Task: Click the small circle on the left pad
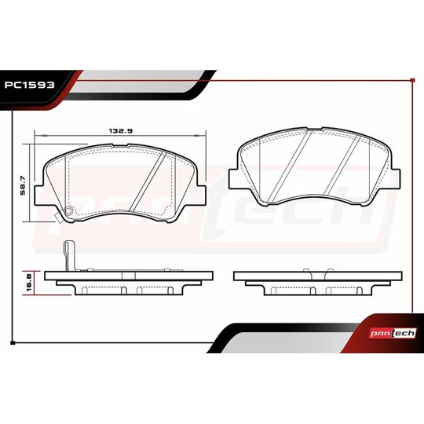click(x=68, y=210)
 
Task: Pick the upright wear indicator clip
click(x=68, y=254)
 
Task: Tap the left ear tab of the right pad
click(x=234, y=177)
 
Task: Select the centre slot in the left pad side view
click(x=123, y=290)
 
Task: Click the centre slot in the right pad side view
click(x=312, y=290)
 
